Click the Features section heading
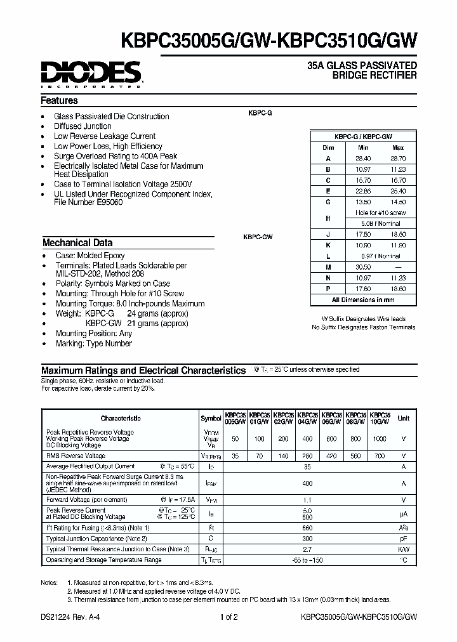pos(60,100)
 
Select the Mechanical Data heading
pos(77,242)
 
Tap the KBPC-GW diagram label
pos(257,237)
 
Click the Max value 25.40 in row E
pos(398,191)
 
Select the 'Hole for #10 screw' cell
pos(380,213)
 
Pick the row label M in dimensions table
pos(328,267)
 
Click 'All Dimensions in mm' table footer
pos(364,299)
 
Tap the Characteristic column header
pos(121,418)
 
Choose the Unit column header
pos(403,418)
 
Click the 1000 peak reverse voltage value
pos(379,438)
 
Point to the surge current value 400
pos(308,483)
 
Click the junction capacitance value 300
pos(308,537)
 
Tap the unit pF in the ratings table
pos(403,537)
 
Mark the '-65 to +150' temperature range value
pos(308,560)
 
